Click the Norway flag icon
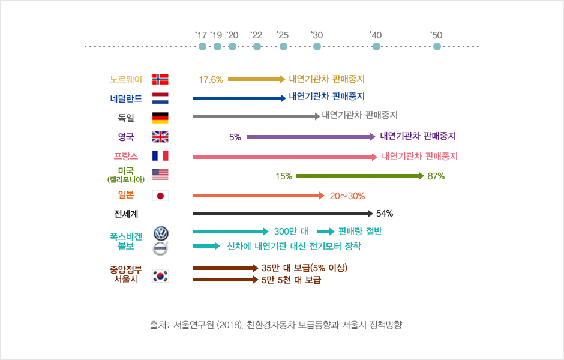coord(160,79)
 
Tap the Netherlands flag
coord(160,98)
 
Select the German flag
coord(160,118)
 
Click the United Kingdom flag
coord(160,137)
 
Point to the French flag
coord(160,156)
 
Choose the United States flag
coord(160,175)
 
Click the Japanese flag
coord(160,196)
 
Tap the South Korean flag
coord(160,276)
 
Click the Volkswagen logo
coord(161,233)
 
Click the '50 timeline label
coord(436,35)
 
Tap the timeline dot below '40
coord(376,46)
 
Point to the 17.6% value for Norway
coord(211,79)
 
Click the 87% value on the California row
coord(436,176)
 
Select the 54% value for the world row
coord(384,214)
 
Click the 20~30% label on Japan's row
coord(347,196)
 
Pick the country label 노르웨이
coord(126,79)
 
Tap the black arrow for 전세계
coord(282,214)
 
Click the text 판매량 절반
coord(360,232)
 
